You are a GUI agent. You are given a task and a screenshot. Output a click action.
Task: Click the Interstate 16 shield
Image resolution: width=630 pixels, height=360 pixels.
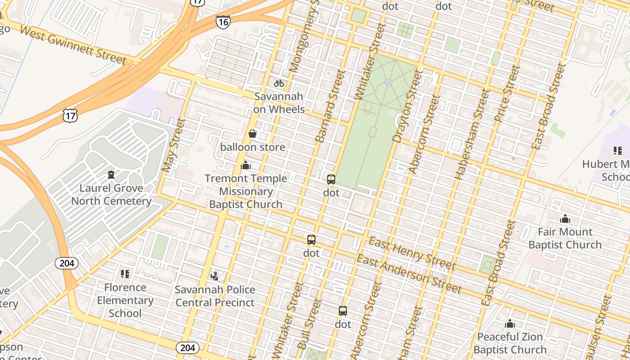(223, 22)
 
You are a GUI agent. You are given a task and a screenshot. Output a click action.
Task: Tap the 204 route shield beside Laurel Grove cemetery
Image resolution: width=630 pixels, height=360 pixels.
(67, 263)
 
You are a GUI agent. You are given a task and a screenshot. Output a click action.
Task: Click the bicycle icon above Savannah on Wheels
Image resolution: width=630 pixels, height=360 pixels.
(279, 83)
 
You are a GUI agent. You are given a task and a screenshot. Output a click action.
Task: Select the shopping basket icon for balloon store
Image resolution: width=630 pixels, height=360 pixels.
(252, 134)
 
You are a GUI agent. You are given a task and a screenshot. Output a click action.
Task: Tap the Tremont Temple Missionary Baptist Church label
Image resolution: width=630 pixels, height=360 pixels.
(246, 191)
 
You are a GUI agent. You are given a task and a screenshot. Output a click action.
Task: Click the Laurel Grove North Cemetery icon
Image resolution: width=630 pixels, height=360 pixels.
(111, 174)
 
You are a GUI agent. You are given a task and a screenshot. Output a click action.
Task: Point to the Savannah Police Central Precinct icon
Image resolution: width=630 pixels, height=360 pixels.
(215, 276)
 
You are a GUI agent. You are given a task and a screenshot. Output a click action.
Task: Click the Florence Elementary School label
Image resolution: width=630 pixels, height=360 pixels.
(125, 300)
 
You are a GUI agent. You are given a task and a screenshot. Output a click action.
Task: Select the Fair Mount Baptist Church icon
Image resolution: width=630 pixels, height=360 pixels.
(565, 219)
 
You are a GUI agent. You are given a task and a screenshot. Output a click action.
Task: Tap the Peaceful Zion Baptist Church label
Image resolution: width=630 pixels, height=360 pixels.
(510, 343)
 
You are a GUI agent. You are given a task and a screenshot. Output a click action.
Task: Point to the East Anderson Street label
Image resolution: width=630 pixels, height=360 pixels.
(409, 273)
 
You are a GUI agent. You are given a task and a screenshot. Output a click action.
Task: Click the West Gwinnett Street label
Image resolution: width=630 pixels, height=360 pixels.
(73, 45)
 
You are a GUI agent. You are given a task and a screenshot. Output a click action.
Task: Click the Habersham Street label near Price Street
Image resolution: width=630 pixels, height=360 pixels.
(472, 134)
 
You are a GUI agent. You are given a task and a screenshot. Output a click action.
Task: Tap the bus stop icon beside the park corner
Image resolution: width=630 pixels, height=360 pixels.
(331, 180)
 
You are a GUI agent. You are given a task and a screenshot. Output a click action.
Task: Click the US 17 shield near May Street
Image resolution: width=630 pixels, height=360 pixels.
(70, 116)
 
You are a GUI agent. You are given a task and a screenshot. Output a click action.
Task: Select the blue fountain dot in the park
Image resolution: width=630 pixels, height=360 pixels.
(388, 83)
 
